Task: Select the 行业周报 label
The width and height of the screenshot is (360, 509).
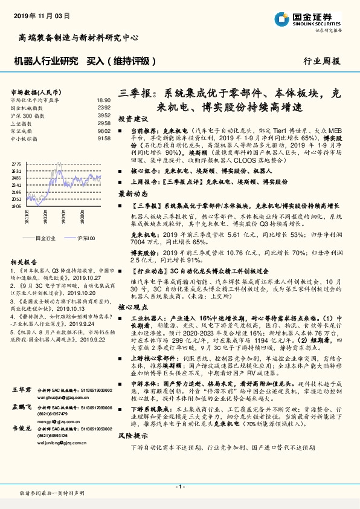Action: (x=322, y=61)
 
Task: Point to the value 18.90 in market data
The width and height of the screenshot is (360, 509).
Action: (x=104, y=100)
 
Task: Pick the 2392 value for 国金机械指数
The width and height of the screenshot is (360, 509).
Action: (x=104, y=107)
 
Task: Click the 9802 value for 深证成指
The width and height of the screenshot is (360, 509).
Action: (x=104, y=131)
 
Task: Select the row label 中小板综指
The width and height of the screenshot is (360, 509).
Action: (x=25, y=138)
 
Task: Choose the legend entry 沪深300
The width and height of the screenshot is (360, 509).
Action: (x=88, y=239)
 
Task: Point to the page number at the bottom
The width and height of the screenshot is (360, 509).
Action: (x=180, y=486)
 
